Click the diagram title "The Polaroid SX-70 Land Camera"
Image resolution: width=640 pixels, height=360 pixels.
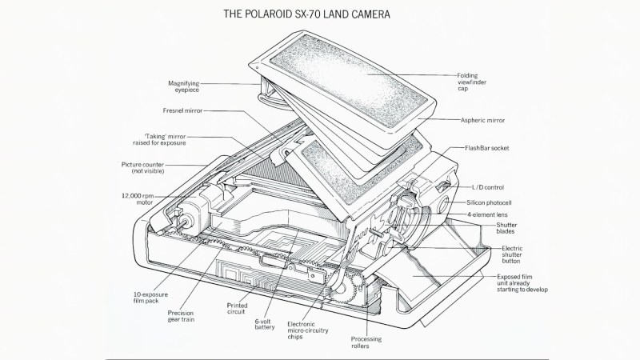pyautogui.click(x=319, y=14)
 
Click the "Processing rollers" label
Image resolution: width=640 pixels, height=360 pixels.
pyautogui.click(x=369, y=343)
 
